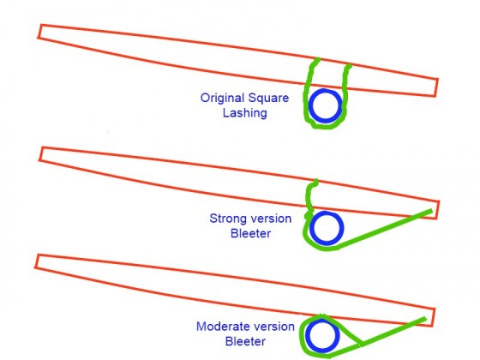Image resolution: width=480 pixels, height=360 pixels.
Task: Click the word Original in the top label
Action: click(222, 98)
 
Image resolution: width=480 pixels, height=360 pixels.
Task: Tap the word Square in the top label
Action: click(268, 99)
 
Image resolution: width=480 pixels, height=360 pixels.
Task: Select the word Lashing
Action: click(244, 113)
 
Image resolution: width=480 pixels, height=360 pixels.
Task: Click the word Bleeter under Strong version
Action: click(250, 233)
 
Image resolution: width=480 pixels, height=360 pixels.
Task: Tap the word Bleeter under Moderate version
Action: click(245, 341)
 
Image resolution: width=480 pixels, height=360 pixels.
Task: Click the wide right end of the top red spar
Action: click(436, 87)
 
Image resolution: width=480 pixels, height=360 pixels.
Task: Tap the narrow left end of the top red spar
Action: click(39, 31)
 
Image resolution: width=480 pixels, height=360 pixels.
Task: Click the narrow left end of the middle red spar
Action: click(41, 153)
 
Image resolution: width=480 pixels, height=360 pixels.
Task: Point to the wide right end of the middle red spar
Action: click(437, 210)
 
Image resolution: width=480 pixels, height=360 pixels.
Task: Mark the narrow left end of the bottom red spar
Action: click(37, 261)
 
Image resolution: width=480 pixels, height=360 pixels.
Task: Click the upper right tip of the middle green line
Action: click(432, 211)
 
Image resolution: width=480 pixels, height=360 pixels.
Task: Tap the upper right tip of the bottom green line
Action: click(425, 319)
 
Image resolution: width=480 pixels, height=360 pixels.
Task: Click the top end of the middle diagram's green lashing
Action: click(315, 181)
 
